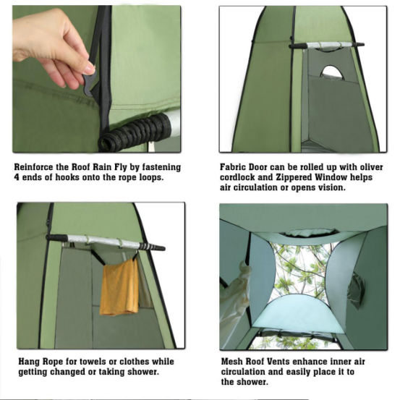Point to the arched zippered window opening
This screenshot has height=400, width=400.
click(x=333, y=72)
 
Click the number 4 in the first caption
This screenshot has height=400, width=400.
click(x=17, y=177)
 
